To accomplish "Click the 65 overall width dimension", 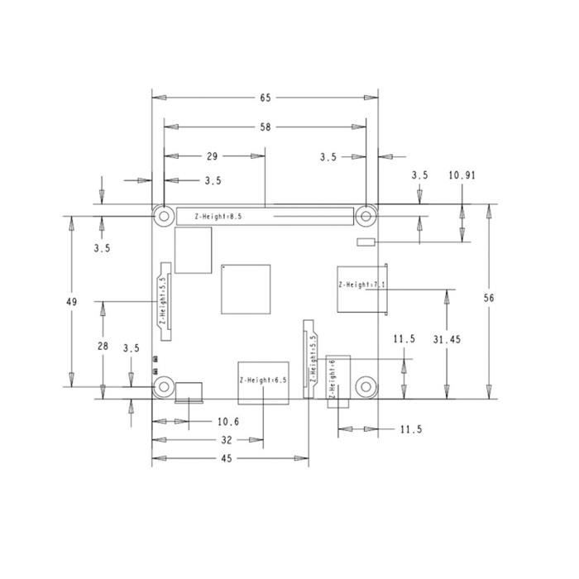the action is [266, 98].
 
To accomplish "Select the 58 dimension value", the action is [266, 127].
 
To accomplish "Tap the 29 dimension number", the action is [212, 156].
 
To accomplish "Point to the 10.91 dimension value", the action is [462, 175].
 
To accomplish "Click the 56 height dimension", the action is [489, 298].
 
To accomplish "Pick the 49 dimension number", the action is [72, 302].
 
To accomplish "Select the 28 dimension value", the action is [103, 346].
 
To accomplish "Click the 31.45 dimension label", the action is [447, 339].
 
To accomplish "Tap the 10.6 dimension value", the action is [228, 422].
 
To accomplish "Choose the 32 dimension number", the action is [227, 440].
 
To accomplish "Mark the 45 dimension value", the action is [227, 458].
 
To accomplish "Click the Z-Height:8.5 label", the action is [218, 217].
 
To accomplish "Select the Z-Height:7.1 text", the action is [362, 285].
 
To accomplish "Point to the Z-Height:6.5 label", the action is [263, 380].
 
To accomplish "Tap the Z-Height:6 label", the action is [332, 379].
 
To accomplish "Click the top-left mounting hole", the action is [164, 216].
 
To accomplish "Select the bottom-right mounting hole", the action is [366, 387].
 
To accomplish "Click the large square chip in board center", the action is [246, 289].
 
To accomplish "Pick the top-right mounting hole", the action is [366, 216].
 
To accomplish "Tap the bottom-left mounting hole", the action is [164, 387].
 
